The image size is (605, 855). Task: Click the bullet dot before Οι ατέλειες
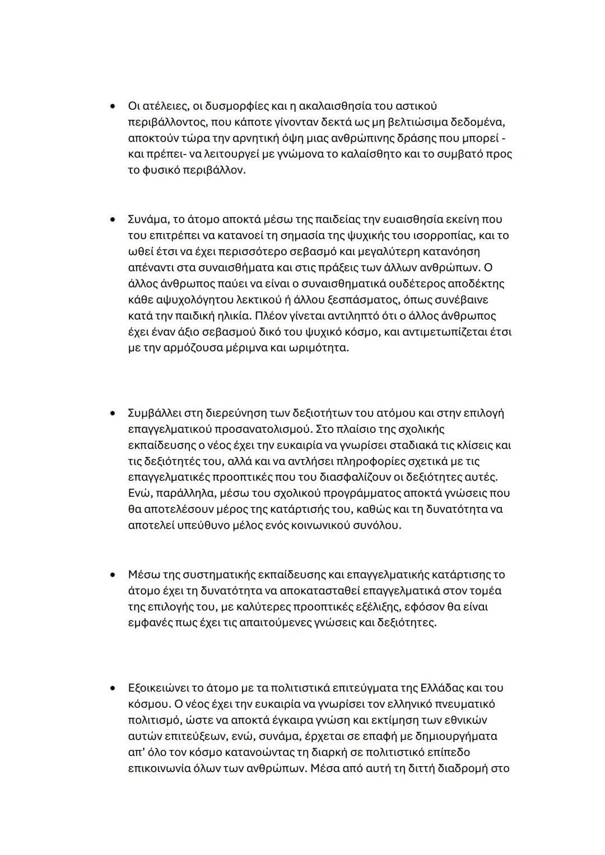[113, 106]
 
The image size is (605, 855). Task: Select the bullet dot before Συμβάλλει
[113, 413]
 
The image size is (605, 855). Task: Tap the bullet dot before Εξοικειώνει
[113, 688]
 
